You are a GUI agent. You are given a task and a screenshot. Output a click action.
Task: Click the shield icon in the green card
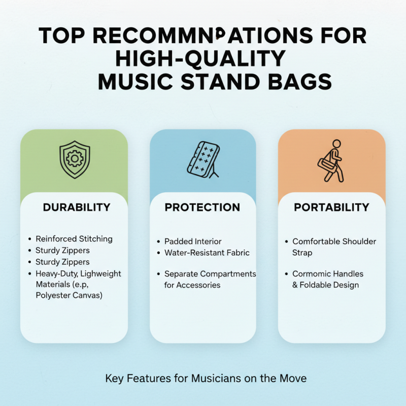(74, 159)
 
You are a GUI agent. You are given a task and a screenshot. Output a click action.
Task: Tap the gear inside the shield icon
(74, 158)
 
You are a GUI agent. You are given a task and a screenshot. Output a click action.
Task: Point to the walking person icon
(331, 161)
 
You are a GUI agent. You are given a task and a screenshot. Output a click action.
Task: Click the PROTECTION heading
(202, 208)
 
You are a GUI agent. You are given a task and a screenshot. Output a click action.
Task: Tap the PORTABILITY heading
(331, 208)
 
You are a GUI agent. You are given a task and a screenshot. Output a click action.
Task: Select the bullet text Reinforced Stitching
(74, 239)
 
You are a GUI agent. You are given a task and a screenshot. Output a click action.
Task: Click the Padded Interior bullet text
(193, 242)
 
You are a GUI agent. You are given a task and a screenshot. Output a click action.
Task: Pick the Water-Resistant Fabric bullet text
(207, 252)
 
